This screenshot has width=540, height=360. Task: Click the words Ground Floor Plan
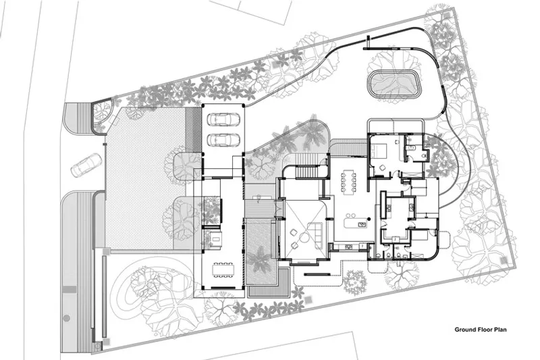[481, 330]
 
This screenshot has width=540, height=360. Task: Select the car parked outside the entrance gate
[86, 165]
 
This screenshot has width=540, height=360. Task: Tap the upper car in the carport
[223, 119]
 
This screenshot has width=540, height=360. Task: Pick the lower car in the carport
[223, 140]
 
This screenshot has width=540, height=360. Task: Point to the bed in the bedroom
[379, 151]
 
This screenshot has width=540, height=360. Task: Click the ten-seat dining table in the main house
[348, 181]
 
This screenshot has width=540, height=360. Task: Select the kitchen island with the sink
[356, 224]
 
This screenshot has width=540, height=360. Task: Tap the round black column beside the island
[369, 219]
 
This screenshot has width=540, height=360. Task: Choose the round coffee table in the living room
[304, 238]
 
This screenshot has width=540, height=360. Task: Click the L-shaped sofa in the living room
[315, 234]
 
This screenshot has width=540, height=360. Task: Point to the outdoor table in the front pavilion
[223, 269]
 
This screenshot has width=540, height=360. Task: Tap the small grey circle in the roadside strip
[67, 318]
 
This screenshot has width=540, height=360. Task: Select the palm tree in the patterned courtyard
[259, 261]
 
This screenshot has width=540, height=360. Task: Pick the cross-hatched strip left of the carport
[193, 130]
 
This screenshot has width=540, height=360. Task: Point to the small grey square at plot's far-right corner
[504, 261]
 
